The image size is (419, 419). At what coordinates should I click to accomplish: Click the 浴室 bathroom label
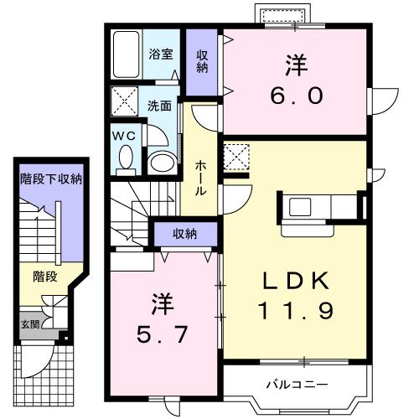(161, 54)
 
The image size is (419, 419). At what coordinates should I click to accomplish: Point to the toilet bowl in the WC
(126, 157)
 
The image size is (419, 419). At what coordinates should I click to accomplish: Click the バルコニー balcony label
(297, 385)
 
